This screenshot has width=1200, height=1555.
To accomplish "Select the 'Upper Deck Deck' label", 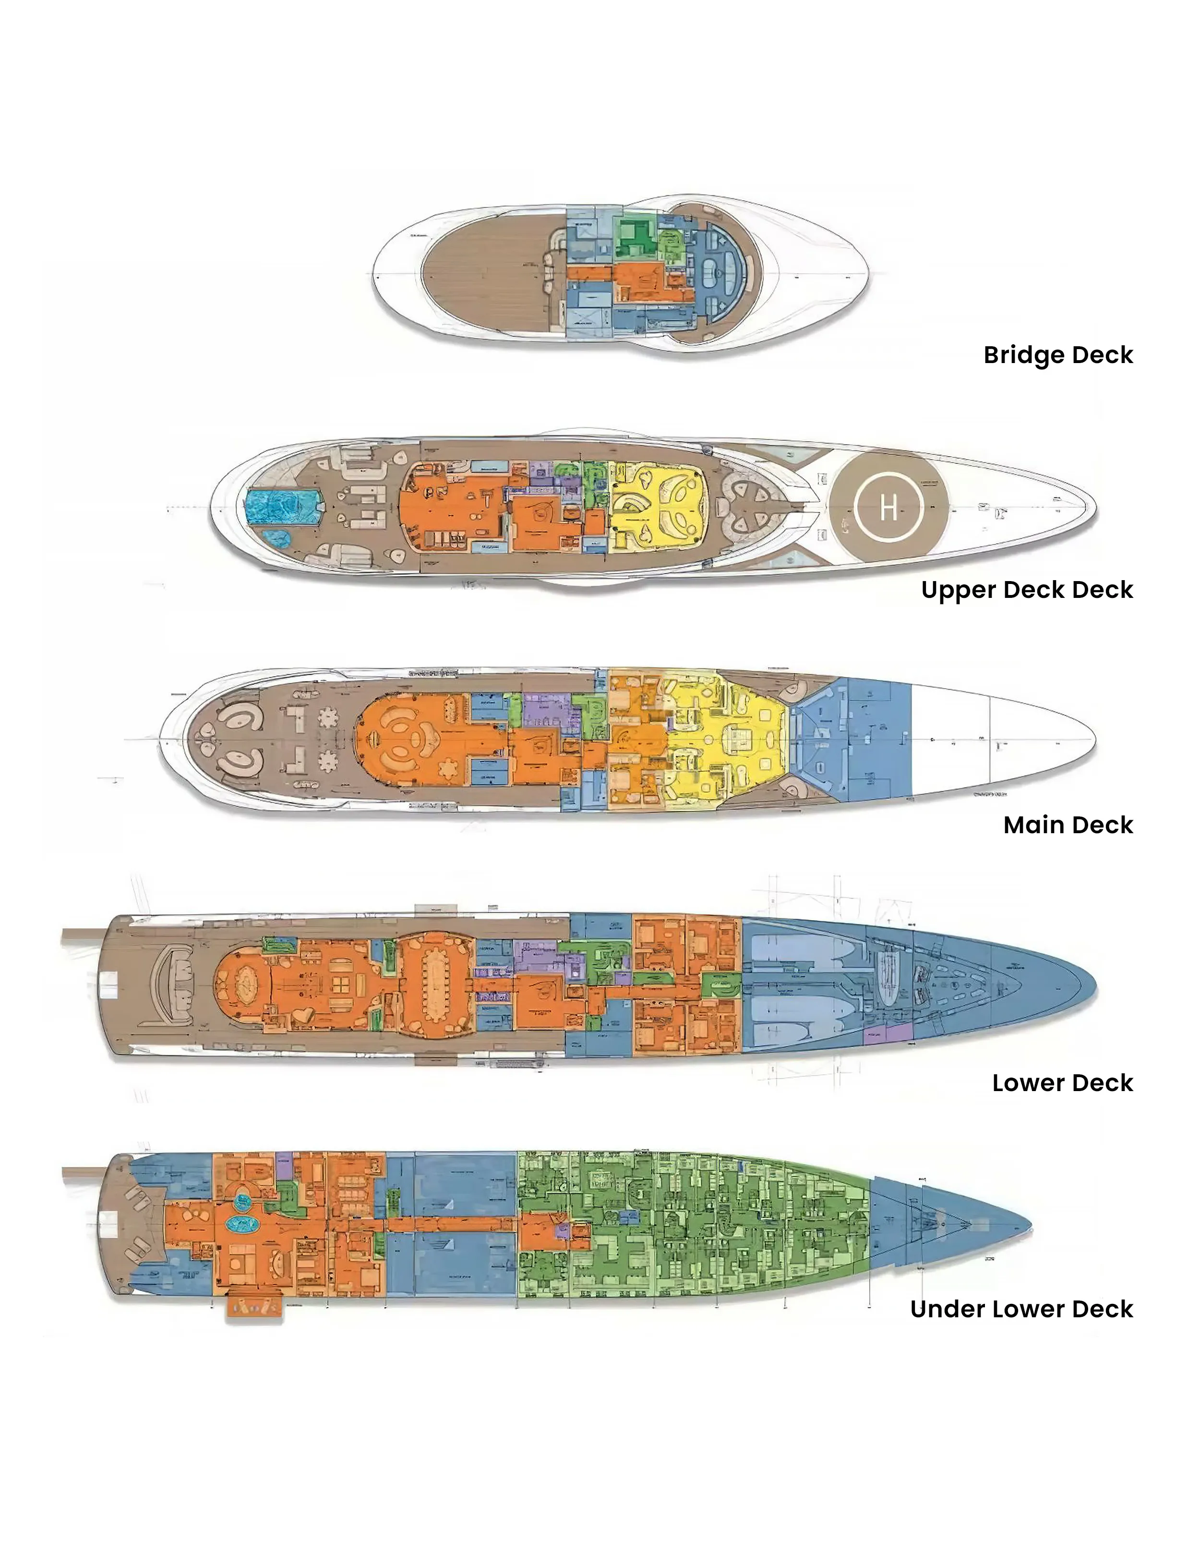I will click(x=1026, y=590).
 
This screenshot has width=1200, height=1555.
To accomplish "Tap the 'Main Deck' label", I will click(x=1068, y=825).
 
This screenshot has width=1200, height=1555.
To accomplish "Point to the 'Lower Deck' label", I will click(x=1062, y=1082).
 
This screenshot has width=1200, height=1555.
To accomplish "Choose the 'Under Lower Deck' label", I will click(x=1021, y=1309).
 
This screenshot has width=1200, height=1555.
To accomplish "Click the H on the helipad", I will click(x=888, y=508).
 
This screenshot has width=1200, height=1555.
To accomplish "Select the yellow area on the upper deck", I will click(x=659, y=506).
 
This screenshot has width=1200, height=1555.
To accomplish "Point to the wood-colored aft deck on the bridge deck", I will click(x=484, y=274).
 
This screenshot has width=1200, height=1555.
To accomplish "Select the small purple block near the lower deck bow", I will click(x=888, y=1033).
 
